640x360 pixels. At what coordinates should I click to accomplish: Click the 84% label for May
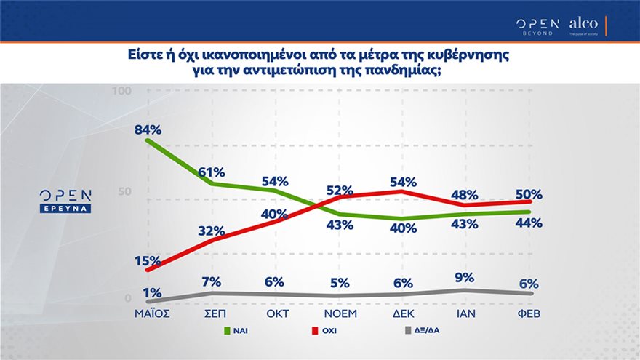(x=148, y=130)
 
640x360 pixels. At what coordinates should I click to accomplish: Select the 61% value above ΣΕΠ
(x=212, y=172)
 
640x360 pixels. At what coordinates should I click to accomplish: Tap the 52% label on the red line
(x=339, y=190)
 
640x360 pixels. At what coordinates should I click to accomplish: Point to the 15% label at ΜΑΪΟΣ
(x=148, y=260)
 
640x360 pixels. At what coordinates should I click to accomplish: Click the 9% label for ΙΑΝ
(x=463, y=277)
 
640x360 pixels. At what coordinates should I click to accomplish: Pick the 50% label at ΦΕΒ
(x=529, y=194)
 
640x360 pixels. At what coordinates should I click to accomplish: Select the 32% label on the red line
(x=212, y=231)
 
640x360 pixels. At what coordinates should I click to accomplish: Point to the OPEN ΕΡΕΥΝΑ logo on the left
(x=65, y=200)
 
